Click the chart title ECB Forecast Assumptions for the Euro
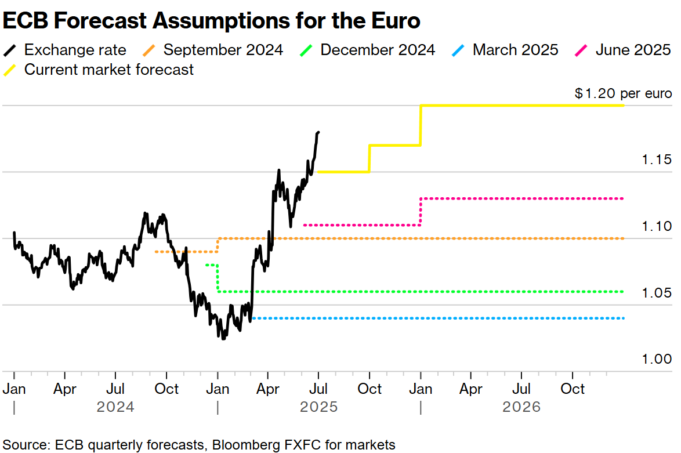click(211, 21)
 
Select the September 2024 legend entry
click(223, 50)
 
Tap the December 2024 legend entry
click(377, 50)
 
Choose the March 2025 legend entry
click(515, 50)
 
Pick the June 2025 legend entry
click(632, 50)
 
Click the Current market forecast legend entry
click(108, 70)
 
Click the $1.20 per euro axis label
click(623, 93)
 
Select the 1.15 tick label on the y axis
click(657, 160)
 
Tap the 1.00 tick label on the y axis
click(657, 359)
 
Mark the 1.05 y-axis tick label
click(657, 293)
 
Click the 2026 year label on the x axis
click(521, 407)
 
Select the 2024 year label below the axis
click(115, 407)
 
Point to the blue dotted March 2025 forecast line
click(435, 318)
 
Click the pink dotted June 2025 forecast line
click(522, 198)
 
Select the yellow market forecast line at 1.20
click(522, 106)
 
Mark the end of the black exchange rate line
click(318, 132)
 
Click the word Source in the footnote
click(25, 445)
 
